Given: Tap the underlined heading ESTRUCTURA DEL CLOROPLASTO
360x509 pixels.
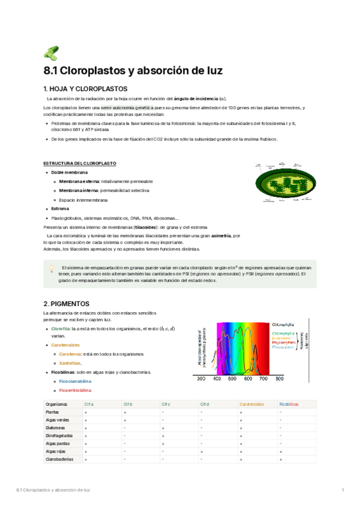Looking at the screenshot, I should coord(80,163).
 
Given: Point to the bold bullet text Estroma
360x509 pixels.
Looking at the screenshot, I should coord(60,209).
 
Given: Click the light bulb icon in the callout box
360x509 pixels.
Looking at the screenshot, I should coord(52,269).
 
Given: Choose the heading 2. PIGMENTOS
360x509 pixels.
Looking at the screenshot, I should coord(67,304).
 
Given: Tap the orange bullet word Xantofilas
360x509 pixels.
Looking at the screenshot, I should coord(70,363).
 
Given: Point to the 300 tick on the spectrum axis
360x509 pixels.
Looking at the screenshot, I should coord(201,379).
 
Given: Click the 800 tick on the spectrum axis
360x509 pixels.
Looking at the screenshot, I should coord(279,379).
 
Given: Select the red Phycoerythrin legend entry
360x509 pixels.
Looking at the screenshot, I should coord(284,342).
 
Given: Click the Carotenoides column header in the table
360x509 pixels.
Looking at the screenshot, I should coord(251,405).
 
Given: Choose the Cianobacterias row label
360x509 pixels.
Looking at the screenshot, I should coord(59,459).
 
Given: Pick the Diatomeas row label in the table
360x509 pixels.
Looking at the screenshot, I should coord(56,427).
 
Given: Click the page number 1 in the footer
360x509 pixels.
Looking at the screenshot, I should coord(342,491).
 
